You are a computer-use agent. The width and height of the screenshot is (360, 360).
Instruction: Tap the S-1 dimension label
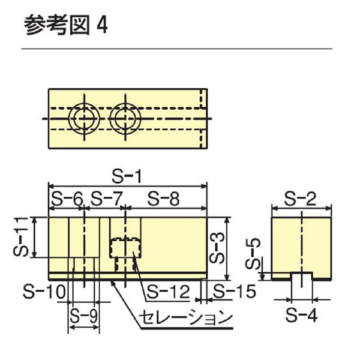[128, 178]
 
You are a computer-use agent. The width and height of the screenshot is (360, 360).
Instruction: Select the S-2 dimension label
[301, 199]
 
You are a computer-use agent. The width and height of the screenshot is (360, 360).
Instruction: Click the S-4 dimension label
[300, 313]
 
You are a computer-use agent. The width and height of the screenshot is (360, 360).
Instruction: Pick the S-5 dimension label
[256, 253]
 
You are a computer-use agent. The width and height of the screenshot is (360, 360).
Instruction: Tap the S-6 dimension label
[65, 199]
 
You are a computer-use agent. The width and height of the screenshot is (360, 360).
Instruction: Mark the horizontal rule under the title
[177, 49]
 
